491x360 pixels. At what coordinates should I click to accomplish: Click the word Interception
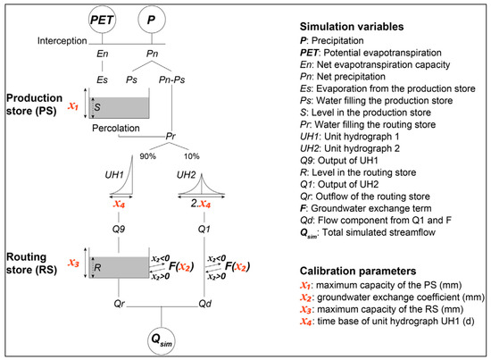click(62, 41)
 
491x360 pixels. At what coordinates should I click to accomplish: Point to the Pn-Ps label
click(171, 80)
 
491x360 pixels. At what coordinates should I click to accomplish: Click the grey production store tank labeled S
click(119, 107)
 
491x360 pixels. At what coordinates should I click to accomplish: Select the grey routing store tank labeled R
click(119, 267)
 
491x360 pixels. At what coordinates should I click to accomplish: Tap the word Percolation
click(116, 128)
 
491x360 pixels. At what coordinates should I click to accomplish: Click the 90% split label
click(148, 156)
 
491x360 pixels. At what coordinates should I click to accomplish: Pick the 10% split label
click(192, 156)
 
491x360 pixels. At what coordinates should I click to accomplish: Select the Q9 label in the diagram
click(119, 229)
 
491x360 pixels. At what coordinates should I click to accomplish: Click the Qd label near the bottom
click(205, 304)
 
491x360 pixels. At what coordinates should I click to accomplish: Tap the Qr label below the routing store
click(120, 304)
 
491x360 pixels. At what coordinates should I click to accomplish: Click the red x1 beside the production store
click(73, 106)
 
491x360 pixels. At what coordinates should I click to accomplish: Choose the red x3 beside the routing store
click(73, 263)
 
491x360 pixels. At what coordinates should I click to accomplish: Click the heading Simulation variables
click(352, 27)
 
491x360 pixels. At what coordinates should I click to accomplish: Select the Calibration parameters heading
click(358, 271)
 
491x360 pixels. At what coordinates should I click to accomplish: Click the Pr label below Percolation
click(171, 137)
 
